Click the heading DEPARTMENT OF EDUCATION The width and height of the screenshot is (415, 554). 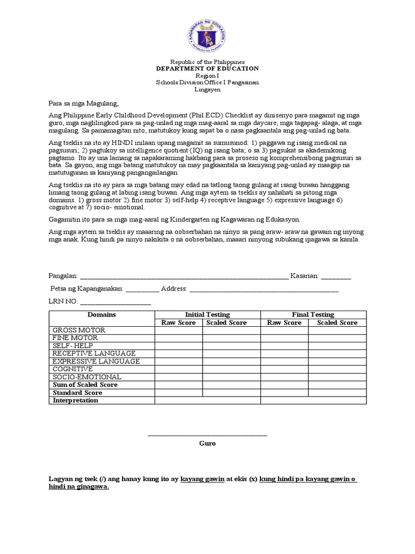coord(207,69)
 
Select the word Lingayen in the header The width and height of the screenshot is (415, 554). coord(207,90)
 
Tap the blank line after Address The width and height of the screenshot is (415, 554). coord(264,289)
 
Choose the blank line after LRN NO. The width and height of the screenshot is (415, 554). coord(116,301)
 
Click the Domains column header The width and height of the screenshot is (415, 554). coord(102,314)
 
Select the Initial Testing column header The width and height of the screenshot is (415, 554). coord(207,314)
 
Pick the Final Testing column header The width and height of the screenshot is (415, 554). coord(313,314)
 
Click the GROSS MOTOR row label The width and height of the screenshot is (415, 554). coord(79,330)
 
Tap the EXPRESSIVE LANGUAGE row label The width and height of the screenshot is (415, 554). coord(96,361)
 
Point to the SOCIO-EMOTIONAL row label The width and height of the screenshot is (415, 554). coord(87,377)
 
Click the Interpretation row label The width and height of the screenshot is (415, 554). coord(76,400)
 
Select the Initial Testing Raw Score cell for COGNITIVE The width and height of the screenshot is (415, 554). coord(179,369)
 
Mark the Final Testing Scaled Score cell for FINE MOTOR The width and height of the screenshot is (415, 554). coord(337,338)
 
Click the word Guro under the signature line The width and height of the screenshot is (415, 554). coord(207,443)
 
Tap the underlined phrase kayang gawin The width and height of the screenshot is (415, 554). coord(202,479)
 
